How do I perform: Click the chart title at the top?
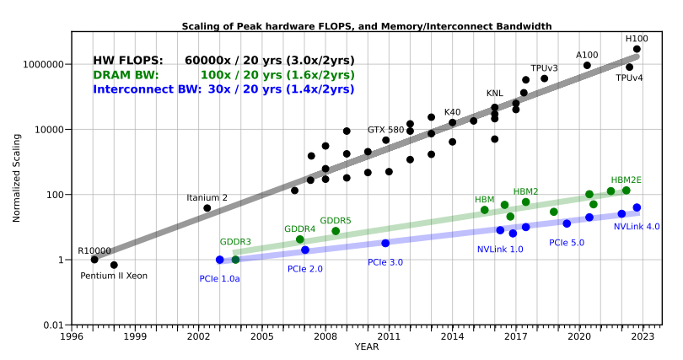coord(367,26)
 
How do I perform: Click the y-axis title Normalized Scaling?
coord(16,178)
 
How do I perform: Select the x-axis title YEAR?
coord(366,347)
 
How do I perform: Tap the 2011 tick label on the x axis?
coord(389,336)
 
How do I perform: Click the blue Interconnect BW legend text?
coord(223,89)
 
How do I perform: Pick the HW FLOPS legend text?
coord(223,61)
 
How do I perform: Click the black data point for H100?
coord(637,49)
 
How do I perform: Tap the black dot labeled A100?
coord(587,65)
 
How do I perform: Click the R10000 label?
coord(94,250)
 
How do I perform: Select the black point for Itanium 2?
coord(207,208)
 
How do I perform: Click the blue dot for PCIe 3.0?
coord(385,243)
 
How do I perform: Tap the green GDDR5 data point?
coord(336,231)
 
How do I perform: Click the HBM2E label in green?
coord(626,180)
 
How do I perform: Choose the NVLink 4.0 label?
coord(637,226)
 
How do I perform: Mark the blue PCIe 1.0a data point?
coord(220,260)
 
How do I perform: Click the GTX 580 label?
coord(385,130)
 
